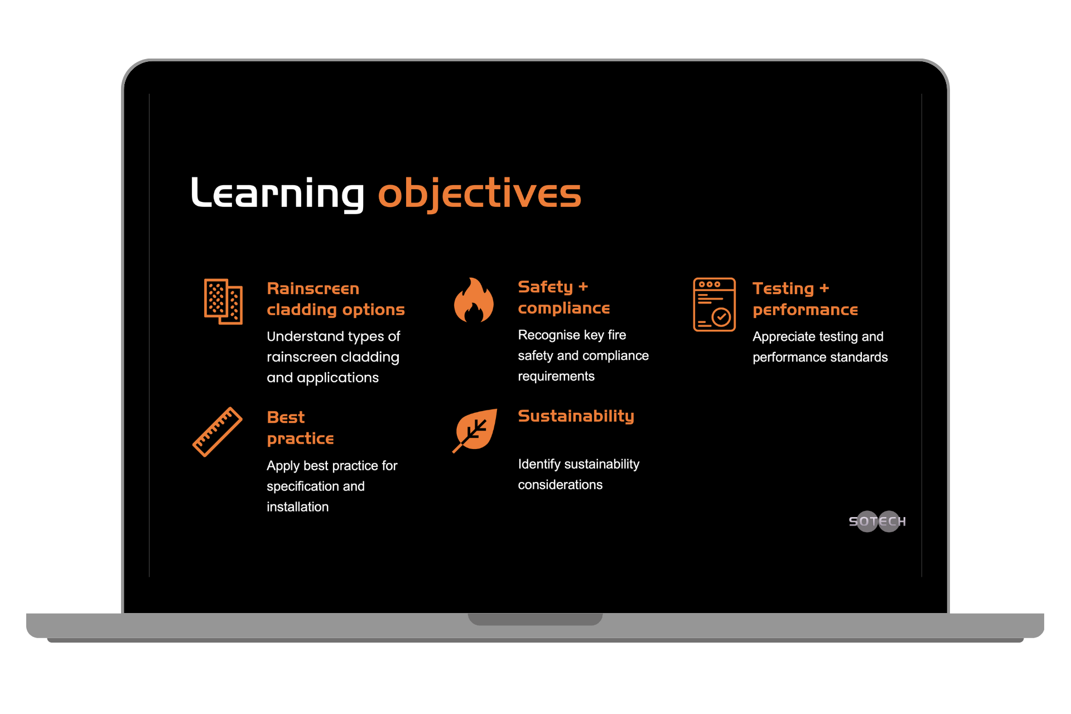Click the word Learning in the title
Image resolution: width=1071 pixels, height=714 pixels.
277,194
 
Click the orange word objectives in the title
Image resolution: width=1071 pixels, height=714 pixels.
480,194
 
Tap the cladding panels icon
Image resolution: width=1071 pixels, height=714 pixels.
223,301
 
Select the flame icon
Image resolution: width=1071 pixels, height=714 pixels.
474,300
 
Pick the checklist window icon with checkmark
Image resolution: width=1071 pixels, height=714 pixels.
714,305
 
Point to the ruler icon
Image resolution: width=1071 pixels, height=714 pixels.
218,432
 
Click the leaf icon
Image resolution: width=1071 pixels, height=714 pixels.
475,430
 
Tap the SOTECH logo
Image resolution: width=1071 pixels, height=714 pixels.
877,522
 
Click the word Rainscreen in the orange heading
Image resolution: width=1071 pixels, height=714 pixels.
313,288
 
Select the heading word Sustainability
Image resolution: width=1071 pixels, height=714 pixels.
576,416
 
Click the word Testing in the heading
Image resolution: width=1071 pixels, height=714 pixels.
783,288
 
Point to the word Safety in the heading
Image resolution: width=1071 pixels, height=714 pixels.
546,287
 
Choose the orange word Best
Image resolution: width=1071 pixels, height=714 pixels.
286,417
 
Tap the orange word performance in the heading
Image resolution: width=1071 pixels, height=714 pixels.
805,310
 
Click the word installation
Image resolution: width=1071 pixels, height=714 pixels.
298,507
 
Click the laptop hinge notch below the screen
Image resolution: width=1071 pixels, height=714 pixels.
535,619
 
